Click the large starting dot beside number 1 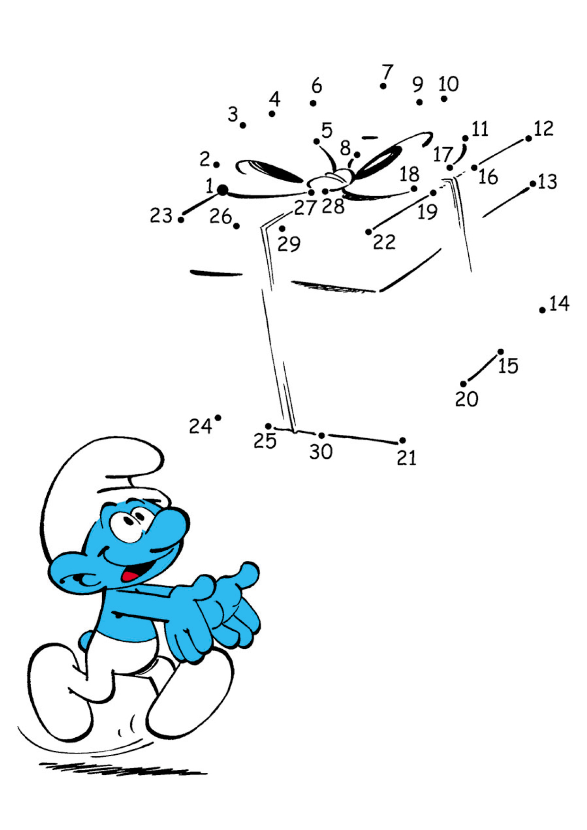[x=222, y=191]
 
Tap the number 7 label [x=388, y=72]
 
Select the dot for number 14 [x=542, y=310]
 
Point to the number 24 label [x=200, y=426]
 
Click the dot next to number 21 [x=403, y=441]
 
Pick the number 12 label [x=544, y=128]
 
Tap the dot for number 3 [x=243, y=125]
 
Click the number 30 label [x=321, y=451]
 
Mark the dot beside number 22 [x=368, y=232]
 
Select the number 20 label [x=467, y=399]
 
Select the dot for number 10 [x=444, y=98]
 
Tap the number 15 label [x=508, y=366]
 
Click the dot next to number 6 [x=313, y=103]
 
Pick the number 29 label [x=289, y=244]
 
